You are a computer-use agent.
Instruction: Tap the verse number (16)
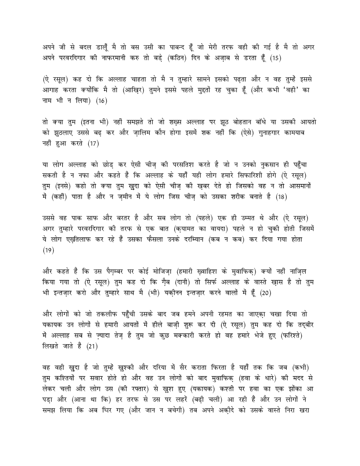[x=101, y=101]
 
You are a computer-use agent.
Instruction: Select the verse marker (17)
[x=93, y=143]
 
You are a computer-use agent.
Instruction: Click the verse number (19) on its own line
[x=48, y=250]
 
